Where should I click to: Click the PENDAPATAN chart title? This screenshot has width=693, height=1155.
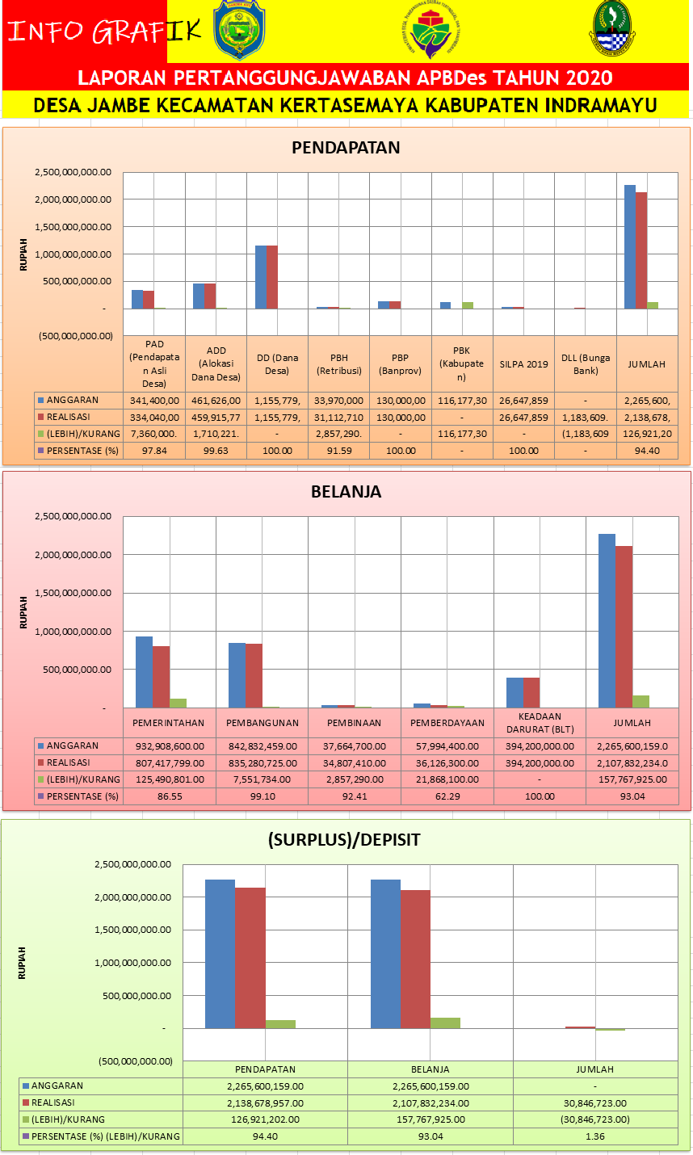point(346,148)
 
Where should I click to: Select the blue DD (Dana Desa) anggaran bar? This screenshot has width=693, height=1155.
point(260,276)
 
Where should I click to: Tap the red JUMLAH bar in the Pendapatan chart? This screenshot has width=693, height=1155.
point(641,250)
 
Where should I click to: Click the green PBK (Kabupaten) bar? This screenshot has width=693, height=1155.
point(468,304)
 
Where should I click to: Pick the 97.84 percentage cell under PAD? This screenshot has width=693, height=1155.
point(153,451)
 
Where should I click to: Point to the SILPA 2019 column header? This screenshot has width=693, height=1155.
point(523,363)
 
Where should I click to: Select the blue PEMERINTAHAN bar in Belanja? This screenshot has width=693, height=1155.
point(144,672)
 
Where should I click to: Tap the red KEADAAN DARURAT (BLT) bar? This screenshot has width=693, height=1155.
point(531,692)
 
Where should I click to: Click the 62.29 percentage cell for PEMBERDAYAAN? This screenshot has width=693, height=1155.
point(447,796)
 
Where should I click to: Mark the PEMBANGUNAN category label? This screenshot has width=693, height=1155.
point(262,723)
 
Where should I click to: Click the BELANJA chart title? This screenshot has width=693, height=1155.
point(346,492)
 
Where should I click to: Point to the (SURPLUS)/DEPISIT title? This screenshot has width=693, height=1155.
point(345,840)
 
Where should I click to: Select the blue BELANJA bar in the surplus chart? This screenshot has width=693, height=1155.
point(385,953)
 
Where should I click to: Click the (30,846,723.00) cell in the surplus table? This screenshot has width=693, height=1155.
point(594,1119)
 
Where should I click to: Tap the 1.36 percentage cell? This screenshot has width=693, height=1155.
point(594,1136)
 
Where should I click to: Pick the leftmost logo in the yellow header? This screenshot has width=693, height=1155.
point(239,31)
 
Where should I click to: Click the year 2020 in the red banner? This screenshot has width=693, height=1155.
point(577,78)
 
